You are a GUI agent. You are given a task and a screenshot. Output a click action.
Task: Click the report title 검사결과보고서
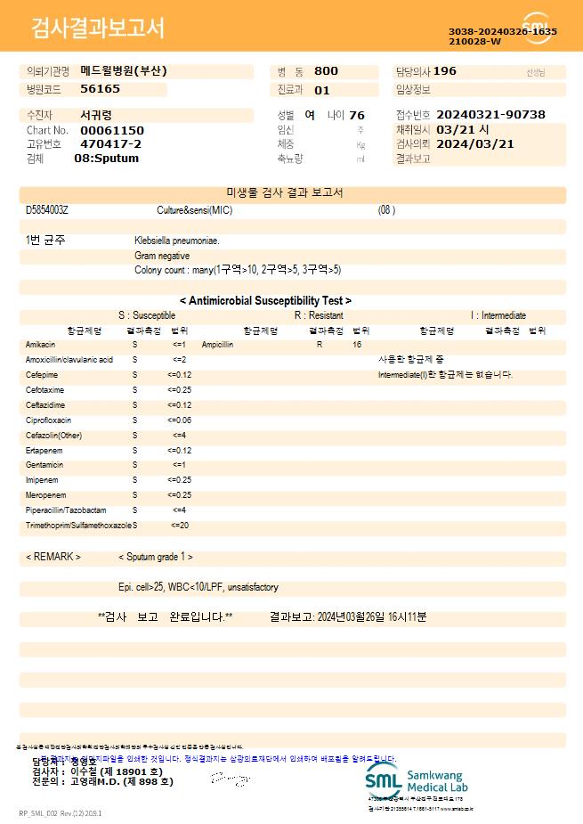98,29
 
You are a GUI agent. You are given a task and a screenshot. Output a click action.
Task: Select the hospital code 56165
100,89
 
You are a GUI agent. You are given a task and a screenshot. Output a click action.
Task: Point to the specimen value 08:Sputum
106,158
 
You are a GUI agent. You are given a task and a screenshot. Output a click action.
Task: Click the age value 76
357,115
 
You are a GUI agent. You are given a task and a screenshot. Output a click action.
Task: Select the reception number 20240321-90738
490,115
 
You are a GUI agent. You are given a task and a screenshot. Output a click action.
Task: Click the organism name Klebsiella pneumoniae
177,241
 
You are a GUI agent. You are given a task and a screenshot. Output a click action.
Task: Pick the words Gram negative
162,256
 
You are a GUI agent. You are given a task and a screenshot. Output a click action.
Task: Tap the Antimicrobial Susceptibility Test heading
265,301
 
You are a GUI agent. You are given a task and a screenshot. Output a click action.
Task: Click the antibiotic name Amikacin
40,344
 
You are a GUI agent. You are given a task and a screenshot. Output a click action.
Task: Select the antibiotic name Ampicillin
217,344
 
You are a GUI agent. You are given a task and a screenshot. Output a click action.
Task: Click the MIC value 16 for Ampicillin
357,344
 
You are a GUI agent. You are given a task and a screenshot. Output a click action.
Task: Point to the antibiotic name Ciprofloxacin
48,420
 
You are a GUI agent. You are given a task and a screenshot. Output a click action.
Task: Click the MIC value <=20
179,526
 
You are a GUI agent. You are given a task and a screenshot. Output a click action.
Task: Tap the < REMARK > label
53,557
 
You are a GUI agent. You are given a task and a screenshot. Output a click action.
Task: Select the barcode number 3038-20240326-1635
503,31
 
